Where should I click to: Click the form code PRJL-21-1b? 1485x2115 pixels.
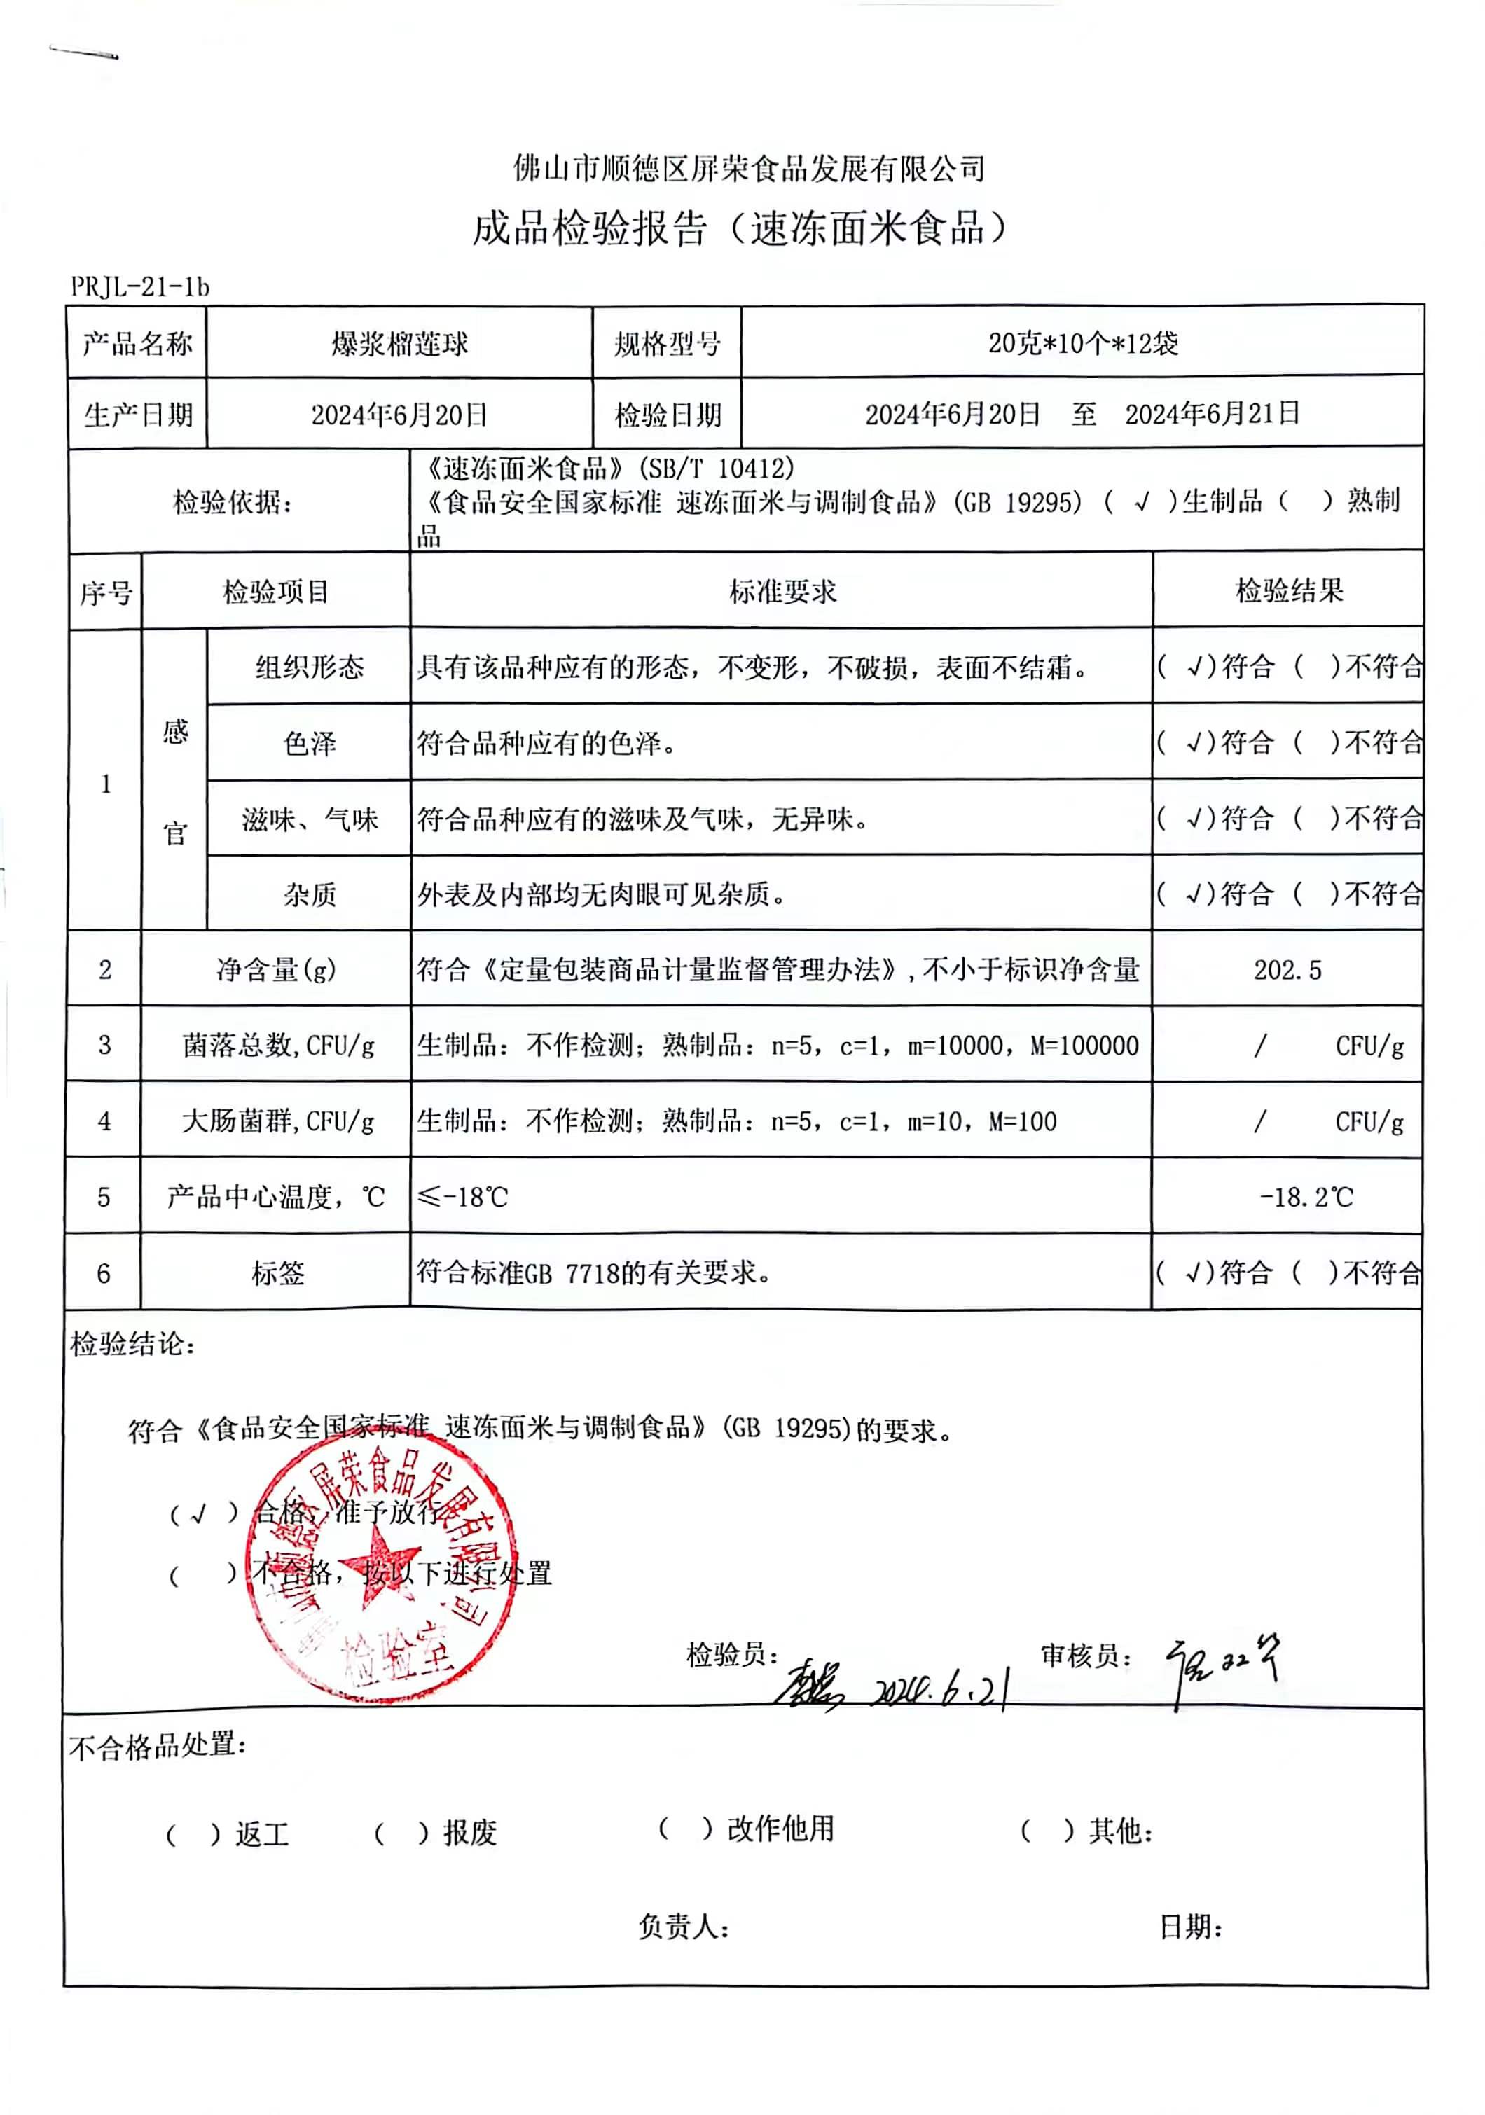[x=140, y=287]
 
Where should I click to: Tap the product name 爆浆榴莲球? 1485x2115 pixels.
[x=399, y=344]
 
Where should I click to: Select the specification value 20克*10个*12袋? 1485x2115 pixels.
[x=1082, y=344]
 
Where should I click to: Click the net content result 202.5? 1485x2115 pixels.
[x=1287, y=970]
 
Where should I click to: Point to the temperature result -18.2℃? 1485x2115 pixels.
[x=1306, y=1197]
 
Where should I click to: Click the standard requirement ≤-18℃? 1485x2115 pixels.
[x=462, y=1197]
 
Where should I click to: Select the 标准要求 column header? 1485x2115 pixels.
[x=782, y=591]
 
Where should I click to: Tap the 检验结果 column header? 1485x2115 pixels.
[x=1288, y=590]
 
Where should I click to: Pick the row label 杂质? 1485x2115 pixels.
[x=310, y=894]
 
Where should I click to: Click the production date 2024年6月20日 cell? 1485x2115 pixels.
[x=399, y=415]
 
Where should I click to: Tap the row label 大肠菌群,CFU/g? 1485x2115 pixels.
[x=277, y=1121]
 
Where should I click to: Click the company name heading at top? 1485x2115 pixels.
[x=748, y=169]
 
